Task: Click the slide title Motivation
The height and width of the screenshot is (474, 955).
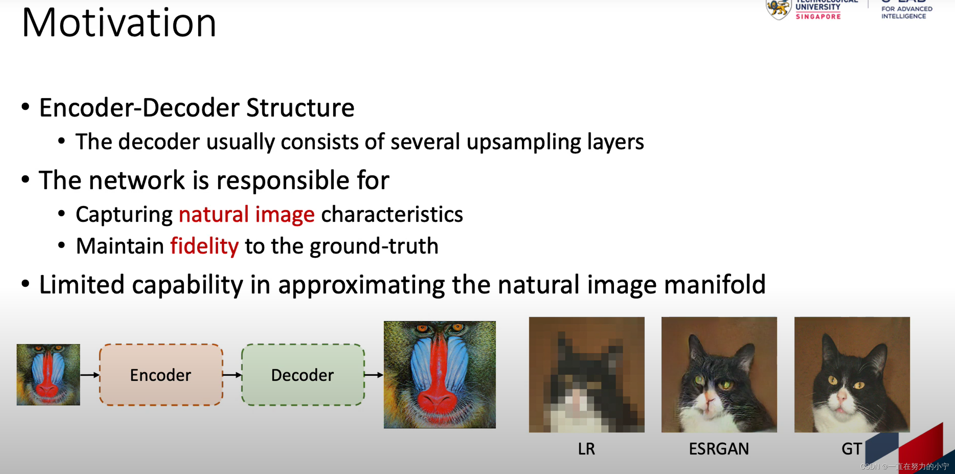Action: pos(119,23)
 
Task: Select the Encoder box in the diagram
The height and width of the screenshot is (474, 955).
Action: pos(161,375)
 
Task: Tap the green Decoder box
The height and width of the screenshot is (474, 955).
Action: pos(303,375)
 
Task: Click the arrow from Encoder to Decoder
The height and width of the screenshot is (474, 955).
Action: pos(232,375)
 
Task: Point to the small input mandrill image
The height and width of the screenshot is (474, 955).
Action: pos(48,374)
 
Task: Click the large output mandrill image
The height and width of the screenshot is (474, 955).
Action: pos(440,374)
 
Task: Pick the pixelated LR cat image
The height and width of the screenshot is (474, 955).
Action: pos(586,374)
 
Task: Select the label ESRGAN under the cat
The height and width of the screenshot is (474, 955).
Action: pos(719,449)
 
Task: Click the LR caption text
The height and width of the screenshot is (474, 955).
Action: pos(586,449)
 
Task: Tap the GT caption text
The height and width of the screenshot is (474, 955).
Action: pos(851,449)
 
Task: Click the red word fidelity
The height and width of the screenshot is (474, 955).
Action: pos(204,246)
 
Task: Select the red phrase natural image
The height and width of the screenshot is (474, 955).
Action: pos(247,214)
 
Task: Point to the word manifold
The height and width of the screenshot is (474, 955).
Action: pos(715,285)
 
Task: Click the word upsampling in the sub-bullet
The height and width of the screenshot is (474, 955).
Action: pos(524,142)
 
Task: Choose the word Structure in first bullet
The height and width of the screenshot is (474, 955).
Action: pos(300,108)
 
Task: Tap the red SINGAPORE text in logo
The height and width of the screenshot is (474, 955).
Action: pos(818,16)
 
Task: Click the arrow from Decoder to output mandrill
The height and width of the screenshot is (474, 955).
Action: pos(374,375)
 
